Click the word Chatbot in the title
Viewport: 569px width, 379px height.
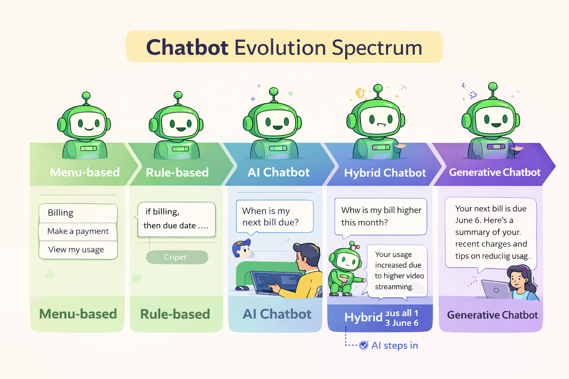point(187,48)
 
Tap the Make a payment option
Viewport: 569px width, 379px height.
point(78,231)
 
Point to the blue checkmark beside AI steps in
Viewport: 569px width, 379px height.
point(364,345)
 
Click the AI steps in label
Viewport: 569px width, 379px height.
point(395,345)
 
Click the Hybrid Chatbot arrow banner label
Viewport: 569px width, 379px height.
point(385,173)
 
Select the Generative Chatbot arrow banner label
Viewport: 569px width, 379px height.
point(495,172)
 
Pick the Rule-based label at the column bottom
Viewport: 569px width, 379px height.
point(175,314)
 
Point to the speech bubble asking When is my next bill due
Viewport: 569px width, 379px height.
point(274,217)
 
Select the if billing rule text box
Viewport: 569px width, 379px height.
point(176,219)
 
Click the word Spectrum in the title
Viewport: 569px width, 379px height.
point(377,48)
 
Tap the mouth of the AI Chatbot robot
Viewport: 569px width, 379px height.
point(277,128)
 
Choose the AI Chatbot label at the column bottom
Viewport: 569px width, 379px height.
point(277,314)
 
